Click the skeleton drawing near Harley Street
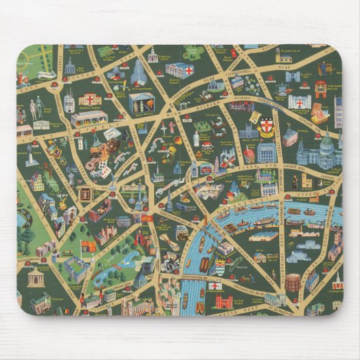[38, 105]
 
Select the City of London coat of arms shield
[266, 126]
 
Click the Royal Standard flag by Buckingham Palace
[86, 245]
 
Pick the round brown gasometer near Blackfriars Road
[292, 282]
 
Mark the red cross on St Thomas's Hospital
[215, 286]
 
